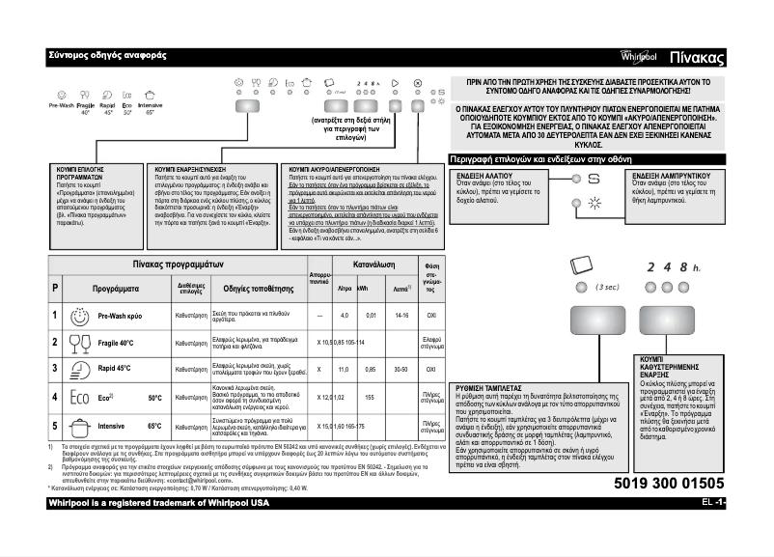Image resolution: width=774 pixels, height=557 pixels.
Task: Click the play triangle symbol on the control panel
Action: pyautogui.click(x=395, y=84)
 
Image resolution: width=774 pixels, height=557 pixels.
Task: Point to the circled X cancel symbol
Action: pyautogui.click(x=416, y=84)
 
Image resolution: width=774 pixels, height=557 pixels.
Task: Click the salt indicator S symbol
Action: pyautogui.click(x=594, y=180)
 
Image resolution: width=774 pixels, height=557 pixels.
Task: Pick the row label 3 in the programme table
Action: pyautogui.click(x=55, y=369)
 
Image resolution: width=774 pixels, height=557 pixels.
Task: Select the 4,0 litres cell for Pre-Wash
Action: pyautogui.click(x=344, y=316)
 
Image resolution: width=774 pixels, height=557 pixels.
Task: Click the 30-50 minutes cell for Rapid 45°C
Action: pyautogui.click(x=401, y=369)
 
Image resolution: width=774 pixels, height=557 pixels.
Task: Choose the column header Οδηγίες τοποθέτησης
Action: pyautogui.click(x=258, y=288)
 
